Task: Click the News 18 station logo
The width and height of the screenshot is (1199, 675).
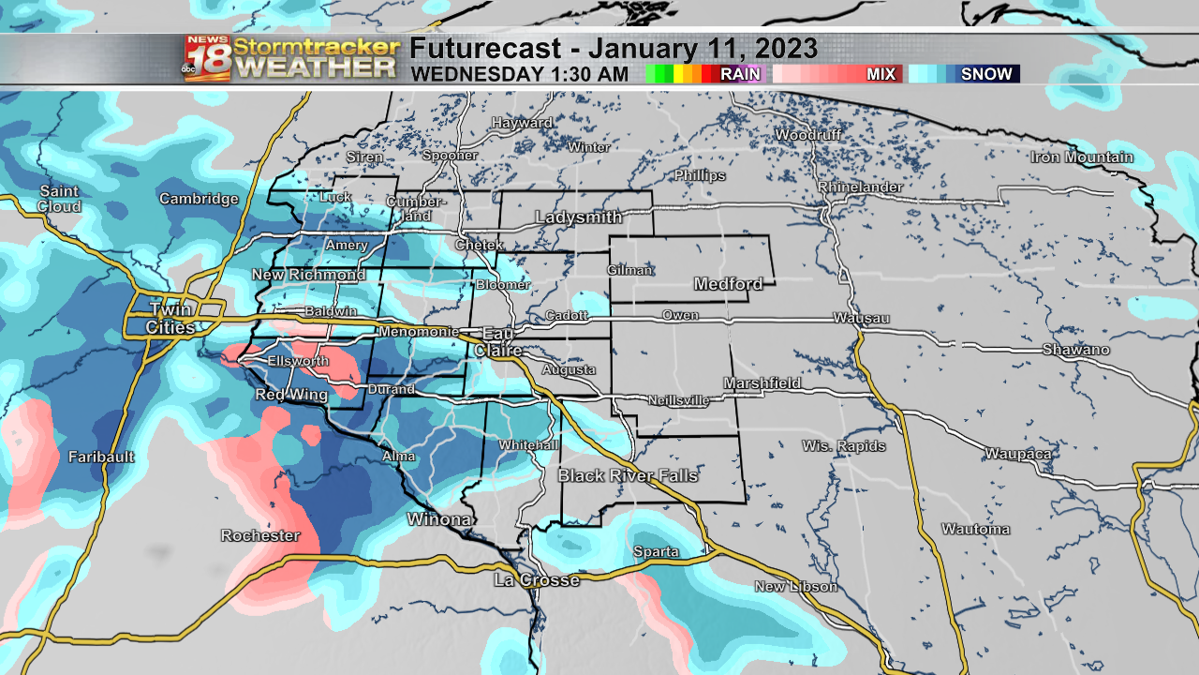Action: click(207, 59)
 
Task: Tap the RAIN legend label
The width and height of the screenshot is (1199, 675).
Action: click(740, 74)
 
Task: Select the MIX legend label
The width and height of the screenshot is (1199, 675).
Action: click(881, 74)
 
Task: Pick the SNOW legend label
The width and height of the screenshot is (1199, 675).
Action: click(986, 74)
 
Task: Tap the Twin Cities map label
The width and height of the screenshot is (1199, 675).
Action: click(170, 318)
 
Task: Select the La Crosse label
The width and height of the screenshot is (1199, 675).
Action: click(537, 580)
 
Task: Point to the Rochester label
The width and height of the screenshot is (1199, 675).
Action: click(260, 535)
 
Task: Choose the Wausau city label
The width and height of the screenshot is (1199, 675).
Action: click(861, 318)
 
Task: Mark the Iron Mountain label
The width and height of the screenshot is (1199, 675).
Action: click(1082, 157)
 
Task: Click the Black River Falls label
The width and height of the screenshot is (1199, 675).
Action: click(628, 475)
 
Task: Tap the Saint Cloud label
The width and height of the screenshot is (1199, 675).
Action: click(59, 198)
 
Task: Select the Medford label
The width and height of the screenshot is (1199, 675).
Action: click(728, 283)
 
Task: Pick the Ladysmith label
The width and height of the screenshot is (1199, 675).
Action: click(578, 217)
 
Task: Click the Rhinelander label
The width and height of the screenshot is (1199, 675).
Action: click(860, 187)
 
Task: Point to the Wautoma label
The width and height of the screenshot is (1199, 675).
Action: click(976, 529)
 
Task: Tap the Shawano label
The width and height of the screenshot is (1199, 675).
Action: click(1076, 350)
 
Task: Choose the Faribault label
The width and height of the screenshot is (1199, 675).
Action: click(101, 457)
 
